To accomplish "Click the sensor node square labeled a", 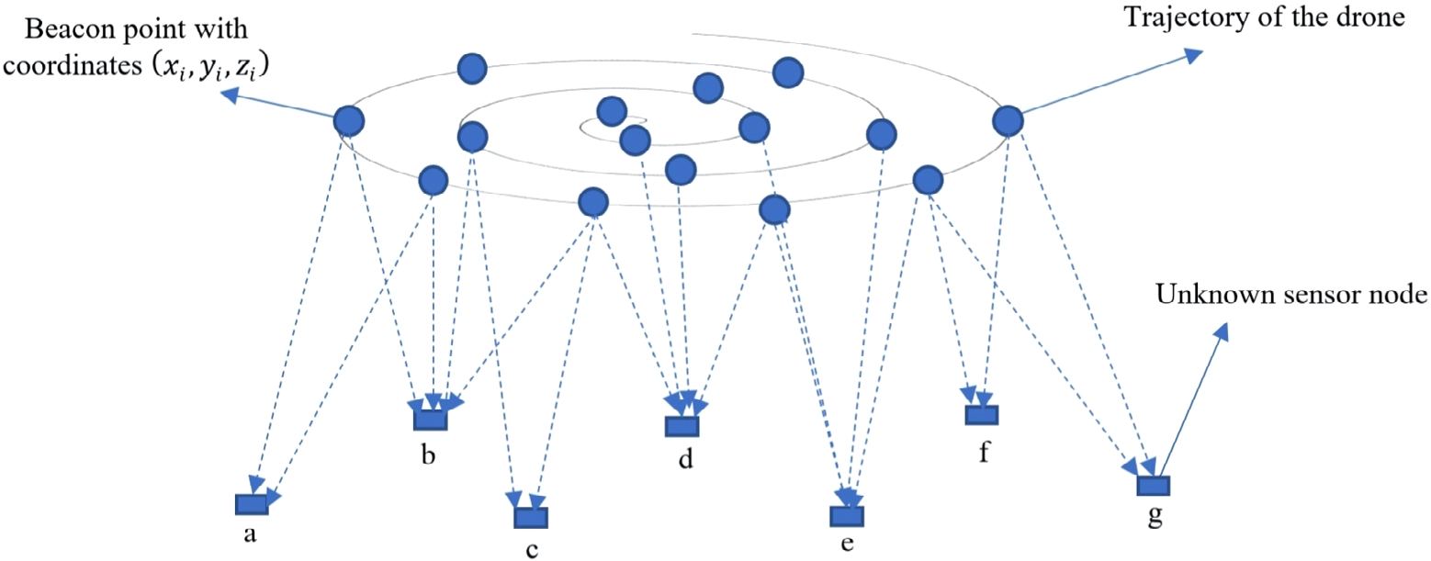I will click(251, 504).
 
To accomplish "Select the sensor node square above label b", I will click(430, 419).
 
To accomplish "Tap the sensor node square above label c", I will click(531, 518).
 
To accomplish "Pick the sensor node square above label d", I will click(682, 426).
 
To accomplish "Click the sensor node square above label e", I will click(847, 518).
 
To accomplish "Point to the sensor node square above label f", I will click(981, 415).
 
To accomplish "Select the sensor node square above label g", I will click(1154, 486).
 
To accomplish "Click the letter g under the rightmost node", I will click(1155, 518).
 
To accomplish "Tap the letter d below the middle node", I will click(684, 458).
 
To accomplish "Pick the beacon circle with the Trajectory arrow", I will click(1008, 119).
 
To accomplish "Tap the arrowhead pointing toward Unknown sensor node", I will click(1221, 332).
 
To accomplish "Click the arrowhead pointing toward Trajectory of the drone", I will click(1193, 55).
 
